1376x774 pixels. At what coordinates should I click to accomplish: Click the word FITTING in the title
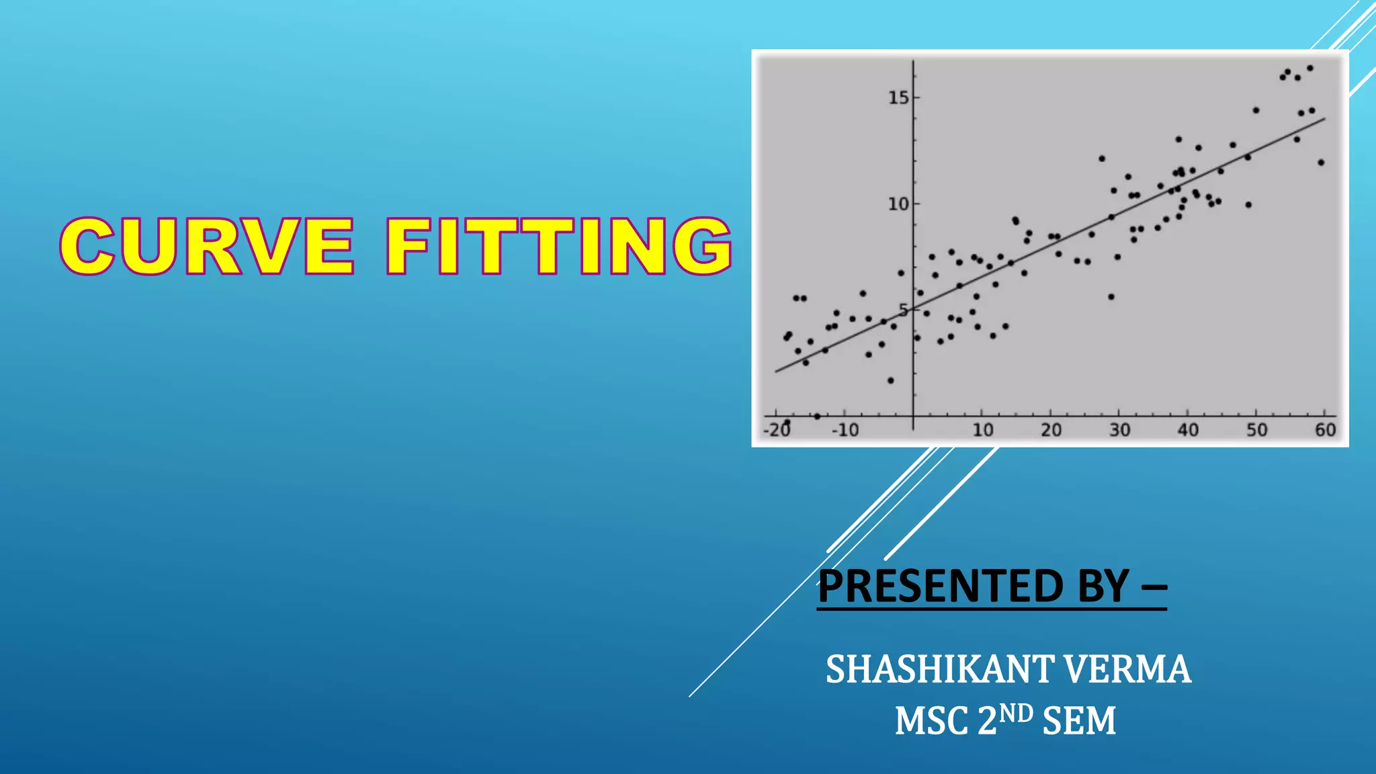pyautogui.click(x=558, y=247)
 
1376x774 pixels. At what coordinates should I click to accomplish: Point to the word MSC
pyautogui.click(x=932, y=722)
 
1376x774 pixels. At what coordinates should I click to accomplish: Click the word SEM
pyautogui.click(x=1080, y=722)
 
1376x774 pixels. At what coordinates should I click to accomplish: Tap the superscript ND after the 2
pyautogui.click(x=1015, y=713)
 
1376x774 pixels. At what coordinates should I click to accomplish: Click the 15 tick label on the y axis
pyautogui.click(x=898, y=98)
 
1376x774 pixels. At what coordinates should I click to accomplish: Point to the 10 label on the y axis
pyautogui.click(x=898, y=204)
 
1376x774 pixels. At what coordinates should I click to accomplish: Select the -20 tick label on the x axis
pyautogui.click(x=777, y=430)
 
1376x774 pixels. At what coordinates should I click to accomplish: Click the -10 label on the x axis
pyautogui.click(x=845, y=430)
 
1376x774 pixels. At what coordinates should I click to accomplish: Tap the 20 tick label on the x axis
pyautogui.click(x=1051, y=430)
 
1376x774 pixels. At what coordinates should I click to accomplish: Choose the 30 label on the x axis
pyautogui.click(x=1119, y=430)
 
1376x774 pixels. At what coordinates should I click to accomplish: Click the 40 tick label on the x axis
pyautogui.click(x=1188, y=430)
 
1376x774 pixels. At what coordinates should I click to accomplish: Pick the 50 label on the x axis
pyautogui.click(x=1256, y=430)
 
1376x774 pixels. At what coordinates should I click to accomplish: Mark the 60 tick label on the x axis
pyautogui.click(x=1325, y=430)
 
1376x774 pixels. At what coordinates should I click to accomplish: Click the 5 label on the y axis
pyautogui.click(x=904, y=310)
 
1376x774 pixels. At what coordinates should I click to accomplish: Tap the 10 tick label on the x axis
pyautogui.click(x=982, y=430)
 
